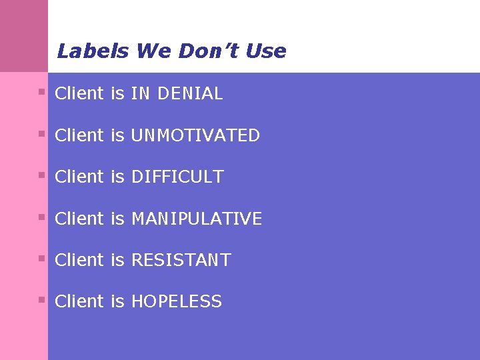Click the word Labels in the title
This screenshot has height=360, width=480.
pyautogui.click(x=93, y=51)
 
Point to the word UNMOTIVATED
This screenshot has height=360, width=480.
pyautogui.click(x=195, y=136)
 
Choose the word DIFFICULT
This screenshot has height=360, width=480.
pyautogui.click(x=177, y=177)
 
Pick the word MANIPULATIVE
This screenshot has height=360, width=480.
pyautogui.click(x=197, y=219)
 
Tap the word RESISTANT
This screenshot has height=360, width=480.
pyautogui.click(x=181, y=260)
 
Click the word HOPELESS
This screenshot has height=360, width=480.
pyautogui.click(x=176, y=302)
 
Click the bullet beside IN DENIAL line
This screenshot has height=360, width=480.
pyautogui.click(x=41, y=92)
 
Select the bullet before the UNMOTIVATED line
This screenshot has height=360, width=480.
pyautogui.click(x=41, y=133)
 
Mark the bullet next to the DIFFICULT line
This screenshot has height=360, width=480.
pyautogui.click(x=41, y=175)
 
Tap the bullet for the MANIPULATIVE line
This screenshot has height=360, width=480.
pyautogui.click(x=41, y=217)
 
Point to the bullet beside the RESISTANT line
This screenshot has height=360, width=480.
pyautogui.click(x=41, y=258)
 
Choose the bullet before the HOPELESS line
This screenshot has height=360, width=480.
pyautogui.click(x=41, y=299)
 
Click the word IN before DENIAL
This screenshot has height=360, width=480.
pyautogui.click(x=140, y=94)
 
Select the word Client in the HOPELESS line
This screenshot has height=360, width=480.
pyautogui.click(x=79, y=302)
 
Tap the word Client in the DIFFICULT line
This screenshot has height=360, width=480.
pyautogui.click(x=79, y=177)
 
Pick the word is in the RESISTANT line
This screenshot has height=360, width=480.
pyautogui.click(x=118, y=260)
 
